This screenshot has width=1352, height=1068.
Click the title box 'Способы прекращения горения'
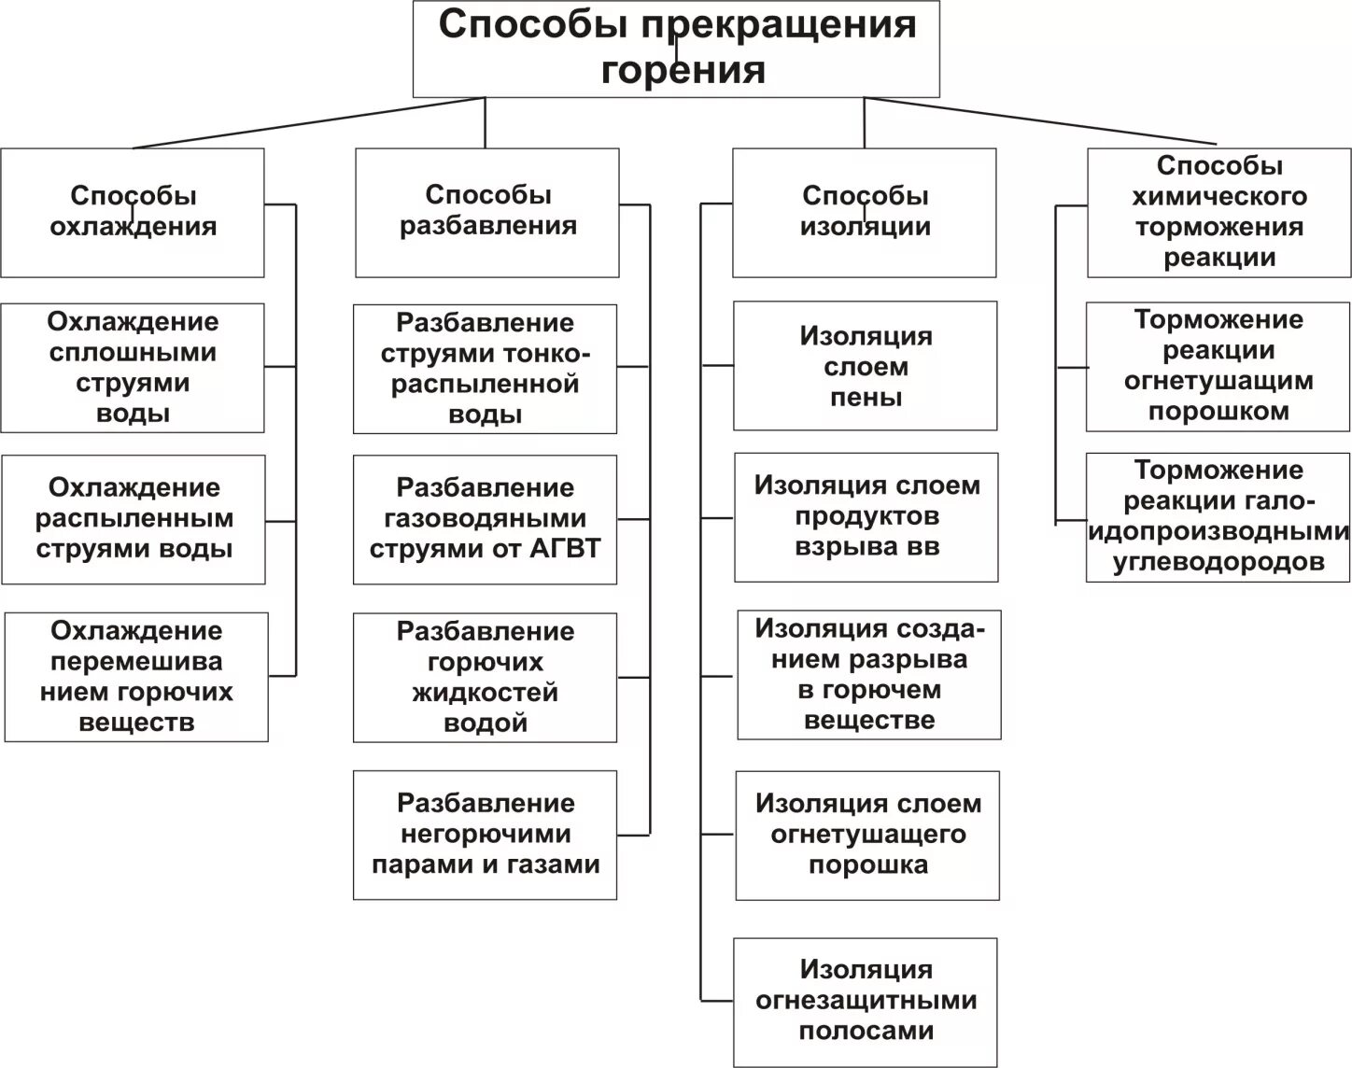(x=676, y=49)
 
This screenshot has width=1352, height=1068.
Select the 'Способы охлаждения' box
(x=133, y=212)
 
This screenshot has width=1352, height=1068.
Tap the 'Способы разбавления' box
(x=487, y=212)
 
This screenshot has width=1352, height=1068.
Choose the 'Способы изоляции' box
(x=865, y=212)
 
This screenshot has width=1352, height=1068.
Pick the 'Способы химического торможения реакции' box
(x=1218, y=212)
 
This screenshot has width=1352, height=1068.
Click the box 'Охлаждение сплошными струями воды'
(x=133, y=368)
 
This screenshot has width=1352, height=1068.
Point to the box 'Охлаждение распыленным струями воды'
(x=134, y=519)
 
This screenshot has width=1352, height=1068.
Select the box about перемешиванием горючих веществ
(x=136, y=677)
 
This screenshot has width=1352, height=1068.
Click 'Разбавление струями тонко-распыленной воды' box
(x=485, y=369)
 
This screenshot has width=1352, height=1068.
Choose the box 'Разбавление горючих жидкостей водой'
(x=485, y=677)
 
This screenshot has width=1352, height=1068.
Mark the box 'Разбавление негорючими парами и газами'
(x=485, y=835)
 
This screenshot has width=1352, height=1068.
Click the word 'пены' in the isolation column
(x=866, y=398)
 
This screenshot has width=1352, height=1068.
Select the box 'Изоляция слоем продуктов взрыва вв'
(x=866, y=516)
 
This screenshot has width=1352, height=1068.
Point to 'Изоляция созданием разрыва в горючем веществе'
(x=869, y=674)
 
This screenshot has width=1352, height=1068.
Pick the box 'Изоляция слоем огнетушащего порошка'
(x=867, y=835)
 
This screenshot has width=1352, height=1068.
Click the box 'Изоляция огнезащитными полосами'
(x=866, y=1001)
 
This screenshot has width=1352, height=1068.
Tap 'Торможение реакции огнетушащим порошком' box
(x=1218, y=366)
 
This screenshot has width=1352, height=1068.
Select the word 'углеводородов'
(x=1218, y=562)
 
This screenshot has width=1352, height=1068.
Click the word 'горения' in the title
(x=683, y=71)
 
